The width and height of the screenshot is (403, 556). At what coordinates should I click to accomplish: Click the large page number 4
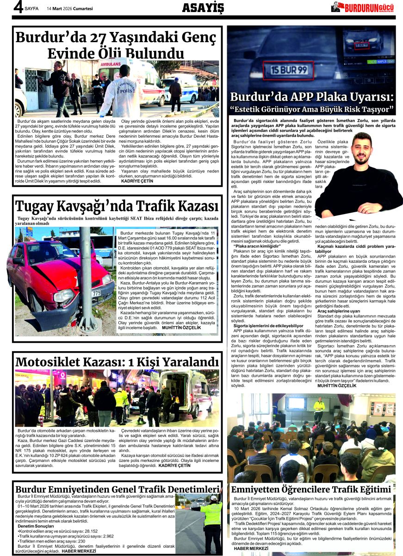19,8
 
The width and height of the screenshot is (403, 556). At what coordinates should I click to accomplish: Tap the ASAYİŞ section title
203,7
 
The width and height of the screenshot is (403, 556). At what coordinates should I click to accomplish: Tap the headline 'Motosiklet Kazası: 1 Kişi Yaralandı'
117,361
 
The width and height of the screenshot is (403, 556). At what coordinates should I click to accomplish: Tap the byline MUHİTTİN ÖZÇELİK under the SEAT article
181,328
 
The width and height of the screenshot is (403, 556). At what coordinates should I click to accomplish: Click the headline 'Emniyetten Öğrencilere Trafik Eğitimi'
311,489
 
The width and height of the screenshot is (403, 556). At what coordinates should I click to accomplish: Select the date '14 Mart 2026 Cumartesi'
70,8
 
